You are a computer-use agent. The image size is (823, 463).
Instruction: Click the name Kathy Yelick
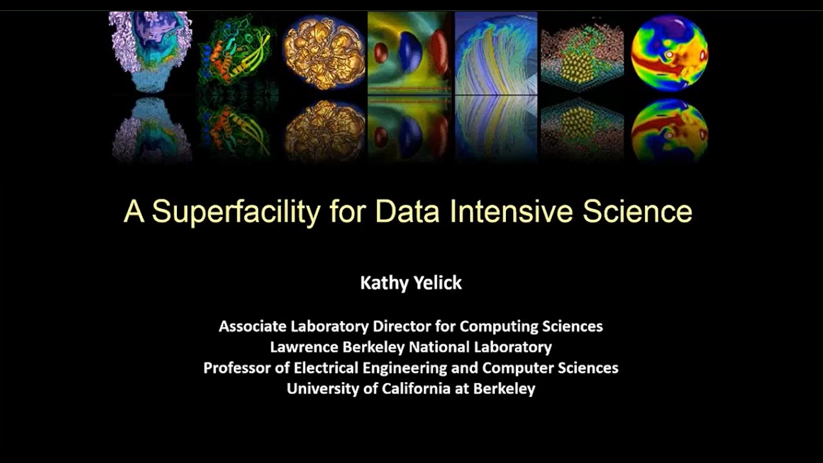411,283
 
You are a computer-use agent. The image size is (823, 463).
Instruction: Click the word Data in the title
409,212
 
